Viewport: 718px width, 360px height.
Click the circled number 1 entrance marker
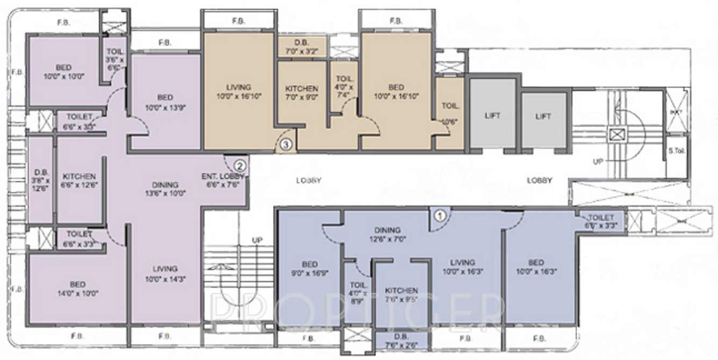(x=440, y=216)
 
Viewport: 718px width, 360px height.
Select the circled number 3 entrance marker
(x=286, y=144)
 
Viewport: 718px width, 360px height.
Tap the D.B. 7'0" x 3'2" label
(x=301, y=47)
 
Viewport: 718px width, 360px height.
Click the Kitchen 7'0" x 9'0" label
(x=301, y=93)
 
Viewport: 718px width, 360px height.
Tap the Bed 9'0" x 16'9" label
(x=310, y=268)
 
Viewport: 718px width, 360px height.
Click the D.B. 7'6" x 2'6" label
(x=398, y=342)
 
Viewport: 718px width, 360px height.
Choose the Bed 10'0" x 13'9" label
(x=165, y=102)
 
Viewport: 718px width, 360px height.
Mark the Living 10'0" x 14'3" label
(x=164, y=273)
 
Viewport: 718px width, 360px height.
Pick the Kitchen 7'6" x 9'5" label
(x=401, y=294)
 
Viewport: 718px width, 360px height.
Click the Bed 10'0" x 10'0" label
(x=63, y=72)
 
